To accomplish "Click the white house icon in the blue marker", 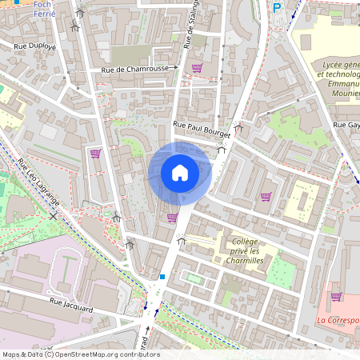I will click(179, 173).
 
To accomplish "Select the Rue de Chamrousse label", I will click(134, 70).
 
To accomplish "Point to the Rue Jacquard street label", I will click(71, 304).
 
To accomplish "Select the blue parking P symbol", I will click(277, 7).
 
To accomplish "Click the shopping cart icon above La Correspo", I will click(336, 296).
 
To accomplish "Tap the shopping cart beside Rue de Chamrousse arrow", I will click(196, 69).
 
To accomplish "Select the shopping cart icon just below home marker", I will click(171, 217).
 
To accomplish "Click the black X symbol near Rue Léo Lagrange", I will click(54, 217).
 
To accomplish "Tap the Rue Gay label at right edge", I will click(346, 126).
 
